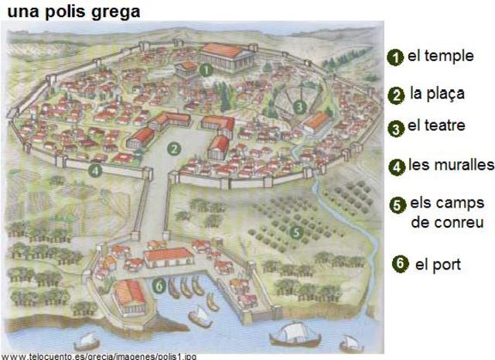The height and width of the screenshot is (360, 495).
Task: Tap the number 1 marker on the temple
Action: (x=206, y=69)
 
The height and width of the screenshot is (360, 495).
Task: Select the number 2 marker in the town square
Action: (x=176, y=149)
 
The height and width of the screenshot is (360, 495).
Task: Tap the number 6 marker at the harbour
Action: (x=158, y=286)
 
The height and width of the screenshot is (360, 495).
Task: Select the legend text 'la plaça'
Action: (x=438, y=94)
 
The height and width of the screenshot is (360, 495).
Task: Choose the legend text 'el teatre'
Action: (x=436, y=125)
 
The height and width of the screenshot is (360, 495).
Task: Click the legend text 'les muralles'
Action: (x=452, y=165)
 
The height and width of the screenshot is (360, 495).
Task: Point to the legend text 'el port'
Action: (x=438, y=264)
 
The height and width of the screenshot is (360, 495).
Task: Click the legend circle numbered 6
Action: (x=400, y=263)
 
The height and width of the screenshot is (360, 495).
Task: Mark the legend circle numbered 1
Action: (x=395, y=57)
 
